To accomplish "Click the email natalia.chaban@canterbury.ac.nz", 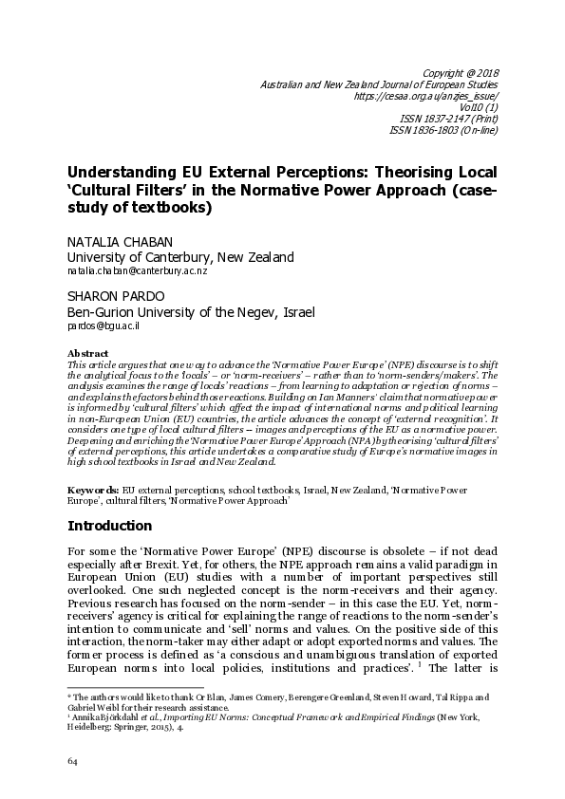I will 137,270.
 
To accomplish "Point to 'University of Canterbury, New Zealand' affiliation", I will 179,257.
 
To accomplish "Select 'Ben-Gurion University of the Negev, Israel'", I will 190,310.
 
